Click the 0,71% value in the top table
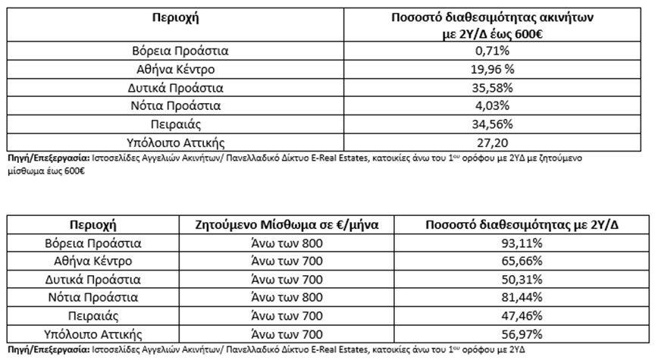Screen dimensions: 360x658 point(488,52)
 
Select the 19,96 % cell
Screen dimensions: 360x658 point(489,70)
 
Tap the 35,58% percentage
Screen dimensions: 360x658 point(488,88)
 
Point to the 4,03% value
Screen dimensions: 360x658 point(488,105)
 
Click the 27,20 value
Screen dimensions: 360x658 point(488,141)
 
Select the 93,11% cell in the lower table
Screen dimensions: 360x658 point(519,244)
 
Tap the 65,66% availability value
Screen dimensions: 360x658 point(519,261)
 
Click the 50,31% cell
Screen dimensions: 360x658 point(519,280)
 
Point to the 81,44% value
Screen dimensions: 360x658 point(519,297)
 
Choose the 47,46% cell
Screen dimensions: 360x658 point(519,315)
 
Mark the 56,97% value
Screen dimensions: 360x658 point(519,333)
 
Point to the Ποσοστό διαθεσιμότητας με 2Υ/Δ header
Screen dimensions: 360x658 point(519,225)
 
